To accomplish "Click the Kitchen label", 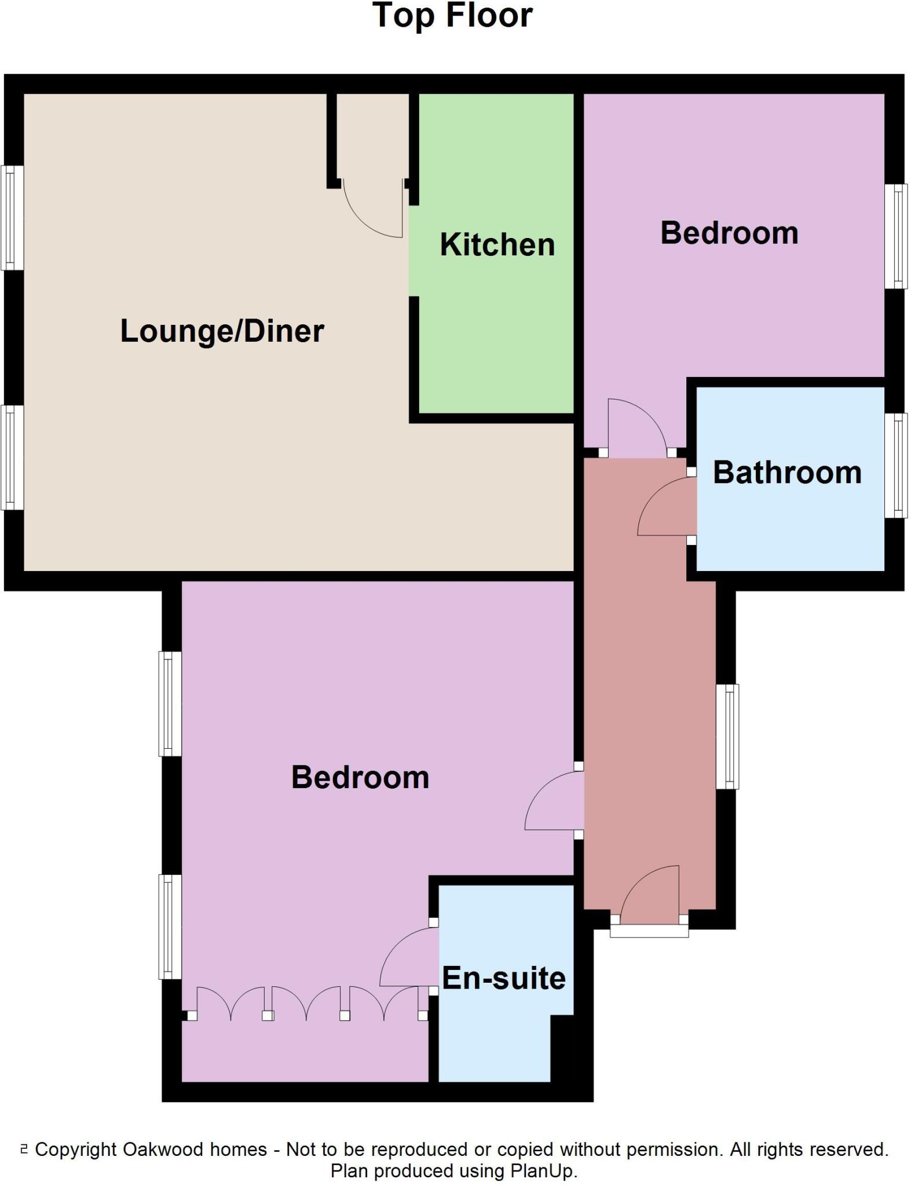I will tap(497, 244).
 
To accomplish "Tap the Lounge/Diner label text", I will tap(222, 331).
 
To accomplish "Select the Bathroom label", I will tap(786, 473).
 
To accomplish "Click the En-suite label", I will tap(503, 978).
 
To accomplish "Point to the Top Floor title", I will tap(452, 16).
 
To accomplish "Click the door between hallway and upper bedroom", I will tap(637, 426).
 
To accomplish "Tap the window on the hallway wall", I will tap(727, 736).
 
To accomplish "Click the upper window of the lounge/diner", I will tap(12, 218).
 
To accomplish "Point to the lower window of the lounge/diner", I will tap(12, 457).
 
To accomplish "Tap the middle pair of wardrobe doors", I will tap(306, 1005).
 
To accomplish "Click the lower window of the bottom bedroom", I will tap(170, 926).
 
